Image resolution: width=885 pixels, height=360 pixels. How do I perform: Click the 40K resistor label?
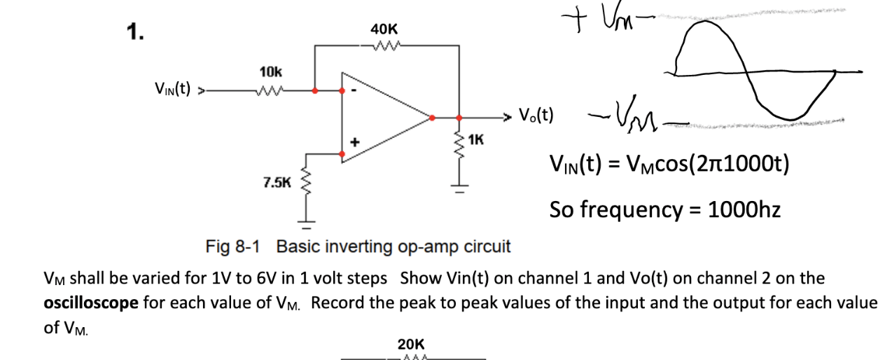pyautogui.click(x=384, y=29)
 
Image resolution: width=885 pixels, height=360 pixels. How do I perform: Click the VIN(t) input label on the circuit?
pyautogui.click(x=172, y=89)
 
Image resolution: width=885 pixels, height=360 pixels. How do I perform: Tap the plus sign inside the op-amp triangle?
pyautogui.click(x=355, y=142)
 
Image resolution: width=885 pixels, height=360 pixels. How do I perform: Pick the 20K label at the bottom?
pyautogui.click(x=410, y=344)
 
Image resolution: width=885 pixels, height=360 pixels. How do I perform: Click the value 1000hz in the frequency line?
pyautogui.click(x=744, y=209)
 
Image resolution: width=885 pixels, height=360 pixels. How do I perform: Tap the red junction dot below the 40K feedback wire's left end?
pyautogui.click(x=316, y=90)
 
